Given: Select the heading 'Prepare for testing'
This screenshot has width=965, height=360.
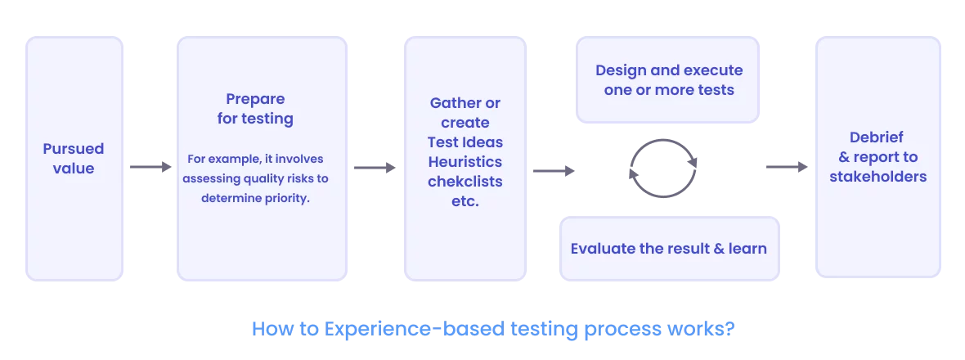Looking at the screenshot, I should [x=255, y=109].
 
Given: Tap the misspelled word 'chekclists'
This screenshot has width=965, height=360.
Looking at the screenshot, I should [x=465, y=181].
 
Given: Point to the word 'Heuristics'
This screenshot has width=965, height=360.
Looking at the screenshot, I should [x=465, y=162].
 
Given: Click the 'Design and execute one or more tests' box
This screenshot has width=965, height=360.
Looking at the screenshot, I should [x=669, y=79].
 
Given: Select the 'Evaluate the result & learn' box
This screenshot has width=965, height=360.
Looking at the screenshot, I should [x=669, y=248].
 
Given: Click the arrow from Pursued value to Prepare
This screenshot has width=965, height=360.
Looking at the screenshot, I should [x=150, y=168].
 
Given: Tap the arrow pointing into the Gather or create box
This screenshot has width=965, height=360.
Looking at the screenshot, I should [x=375, y=168].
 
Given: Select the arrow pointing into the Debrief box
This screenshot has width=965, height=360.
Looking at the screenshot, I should [x=788, y=168].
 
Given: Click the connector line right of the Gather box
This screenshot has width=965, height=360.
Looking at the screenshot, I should [x=552, y=170].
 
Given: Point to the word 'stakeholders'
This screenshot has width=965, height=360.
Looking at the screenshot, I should [x=877, y=177].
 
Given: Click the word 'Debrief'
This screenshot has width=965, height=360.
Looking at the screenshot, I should [x=877, y=137].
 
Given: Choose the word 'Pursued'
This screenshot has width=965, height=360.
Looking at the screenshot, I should [x=74, y=149].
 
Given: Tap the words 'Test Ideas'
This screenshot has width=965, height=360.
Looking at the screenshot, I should [x=465, y=142].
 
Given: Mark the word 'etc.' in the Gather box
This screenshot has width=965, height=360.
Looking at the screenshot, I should [x=465, y=200].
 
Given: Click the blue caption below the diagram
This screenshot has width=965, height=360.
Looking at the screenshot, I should [x=494, y=330].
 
